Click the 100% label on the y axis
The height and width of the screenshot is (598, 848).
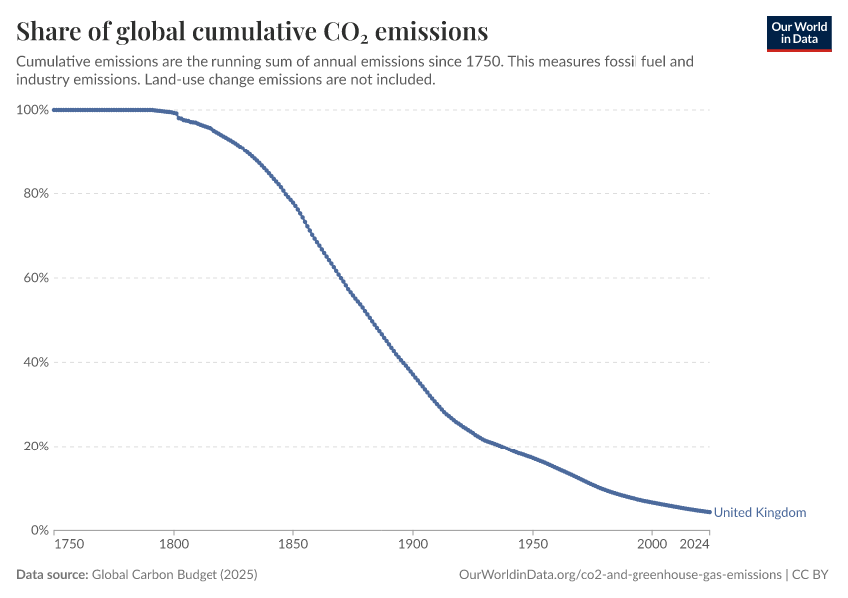(x=33, y=110)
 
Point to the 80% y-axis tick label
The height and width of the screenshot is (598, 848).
(x=36, y=194)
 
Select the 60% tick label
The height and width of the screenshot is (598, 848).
(x=36, y=278)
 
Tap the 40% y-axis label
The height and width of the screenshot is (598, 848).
(x=36, y=363)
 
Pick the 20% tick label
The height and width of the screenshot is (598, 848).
(x=36, y=447)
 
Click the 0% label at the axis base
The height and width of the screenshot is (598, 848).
(x=40, y=530)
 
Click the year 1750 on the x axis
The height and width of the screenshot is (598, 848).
(x=69, y=544)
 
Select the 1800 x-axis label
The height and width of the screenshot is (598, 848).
(x=174, y=544)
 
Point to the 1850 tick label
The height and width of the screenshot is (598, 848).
(x=293, y=544)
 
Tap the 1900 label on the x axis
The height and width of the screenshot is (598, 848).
(x=413, y=544)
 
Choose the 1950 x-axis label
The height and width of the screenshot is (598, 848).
(x=533, y=544)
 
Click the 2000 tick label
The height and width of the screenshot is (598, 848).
(x=652, y=544)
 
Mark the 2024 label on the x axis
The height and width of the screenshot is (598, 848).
(x=695, y=544)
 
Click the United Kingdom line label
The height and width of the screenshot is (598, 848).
(x=760, y=512)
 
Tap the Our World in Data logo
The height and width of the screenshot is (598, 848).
(x=799, y=34)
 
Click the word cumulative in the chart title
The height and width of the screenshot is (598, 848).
(x=254, y=31)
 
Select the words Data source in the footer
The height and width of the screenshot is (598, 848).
(x=52, y=575)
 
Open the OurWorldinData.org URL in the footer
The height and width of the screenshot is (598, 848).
(x=621, y=575)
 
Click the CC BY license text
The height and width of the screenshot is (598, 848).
(x=810, y=575)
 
